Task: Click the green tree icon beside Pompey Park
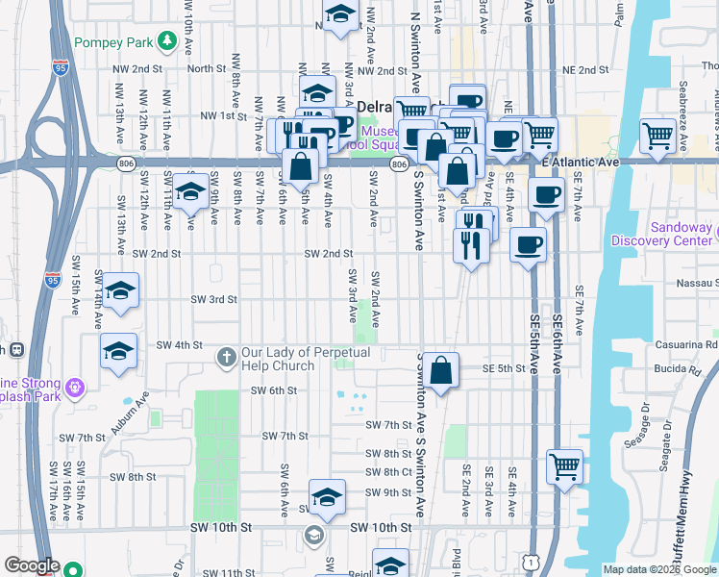pos(166,41)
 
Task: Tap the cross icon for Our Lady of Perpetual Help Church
pos(226,358)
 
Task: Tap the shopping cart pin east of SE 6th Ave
pos(564,466)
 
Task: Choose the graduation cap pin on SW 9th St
pos(327,497)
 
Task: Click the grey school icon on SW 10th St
pos(312,533)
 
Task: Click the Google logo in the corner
pos(32,564)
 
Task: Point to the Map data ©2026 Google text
pos(659,569)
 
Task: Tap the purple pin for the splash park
pos(76,388)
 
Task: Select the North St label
pos(206,68)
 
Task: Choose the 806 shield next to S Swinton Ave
pos(399,164)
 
